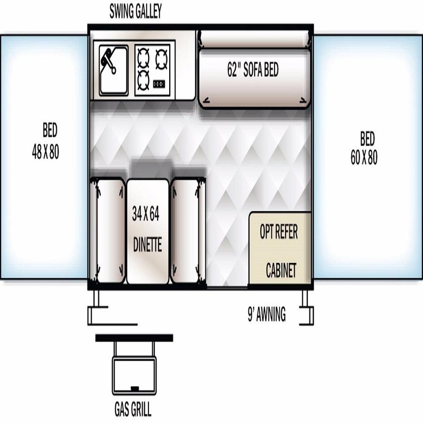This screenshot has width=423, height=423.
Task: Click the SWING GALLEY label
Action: point(135,11)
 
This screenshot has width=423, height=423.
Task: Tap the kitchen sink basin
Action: point(114,70)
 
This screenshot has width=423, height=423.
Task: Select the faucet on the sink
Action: point(108,61)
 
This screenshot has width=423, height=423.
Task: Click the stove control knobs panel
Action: point(159,84)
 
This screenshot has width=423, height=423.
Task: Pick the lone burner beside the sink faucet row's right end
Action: point(161,59)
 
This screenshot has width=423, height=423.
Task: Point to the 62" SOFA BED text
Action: point(253,69)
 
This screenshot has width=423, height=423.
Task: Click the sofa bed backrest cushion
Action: point(255,39)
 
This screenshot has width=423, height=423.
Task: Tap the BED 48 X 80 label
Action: point(45,141)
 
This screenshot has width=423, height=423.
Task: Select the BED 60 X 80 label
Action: point(364,148)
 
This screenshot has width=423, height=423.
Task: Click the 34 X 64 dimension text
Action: point(146,214)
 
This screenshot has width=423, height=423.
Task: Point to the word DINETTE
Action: point(148,245)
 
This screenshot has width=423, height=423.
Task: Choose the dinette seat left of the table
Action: point(110,230)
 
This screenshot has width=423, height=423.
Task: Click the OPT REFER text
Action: point(279,231)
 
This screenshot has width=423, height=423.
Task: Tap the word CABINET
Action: point(281,270)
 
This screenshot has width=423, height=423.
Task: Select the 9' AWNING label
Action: point(267,314)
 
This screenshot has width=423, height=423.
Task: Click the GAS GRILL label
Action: point(133,409)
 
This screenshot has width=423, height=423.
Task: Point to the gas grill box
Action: point(134,375)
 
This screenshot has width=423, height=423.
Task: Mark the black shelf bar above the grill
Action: point(134,338)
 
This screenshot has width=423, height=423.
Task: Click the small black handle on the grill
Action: point(135,389)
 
